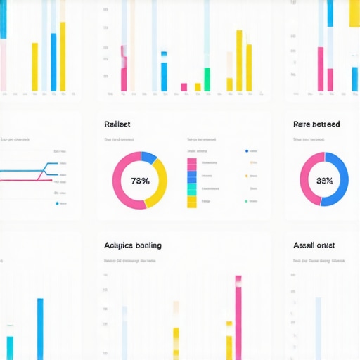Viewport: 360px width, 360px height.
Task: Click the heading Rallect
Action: (x=117, y=124)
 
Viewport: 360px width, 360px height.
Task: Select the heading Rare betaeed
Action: (x=316, y=124)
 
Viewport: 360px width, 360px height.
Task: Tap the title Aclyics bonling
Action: (x=132, y=245)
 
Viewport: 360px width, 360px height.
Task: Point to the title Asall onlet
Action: (x=314, y=245)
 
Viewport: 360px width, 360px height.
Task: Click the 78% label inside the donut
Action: (x=140, y=181)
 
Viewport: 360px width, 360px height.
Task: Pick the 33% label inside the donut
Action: (x=324, y=181)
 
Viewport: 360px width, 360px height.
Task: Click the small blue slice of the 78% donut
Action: (x=148, y=157)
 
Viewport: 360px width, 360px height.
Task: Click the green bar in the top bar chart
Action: (x=207, y=79)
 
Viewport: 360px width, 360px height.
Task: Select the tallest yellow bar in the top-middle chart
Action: (x=239, y=60)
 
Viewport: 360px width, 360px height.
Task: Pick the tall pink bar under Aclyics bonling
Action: (x=238, y=316)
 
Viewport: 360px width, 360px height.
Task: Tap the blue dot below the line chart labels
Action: (x=57, y=203)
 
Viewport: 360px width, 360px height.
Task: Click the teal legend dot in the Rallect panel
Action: (x=246, y=201)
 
